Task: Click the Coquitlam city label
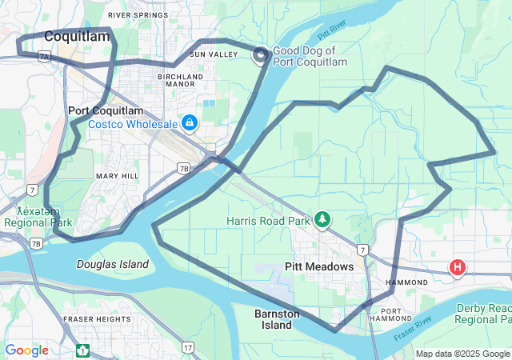(77, 36)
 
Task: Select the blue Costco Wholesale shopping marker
(190, 123)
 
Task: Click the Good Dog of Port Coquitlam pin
(261, 55)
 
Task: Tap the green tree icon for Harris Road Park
(322, 219)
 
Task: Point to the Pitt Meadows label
(319, 266)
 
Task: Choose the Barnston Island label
(277, 319)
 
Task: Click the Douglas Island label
(113, 264)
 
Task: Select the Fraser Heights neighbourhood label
(97, 319)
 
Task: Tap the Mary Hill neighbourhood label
(117, 176)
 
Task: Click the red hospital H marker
(457, 268)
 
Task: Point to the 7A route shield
(44, 57)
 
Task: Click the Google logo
(26, 350)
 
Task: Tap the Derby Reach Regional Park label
(482, 314)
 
